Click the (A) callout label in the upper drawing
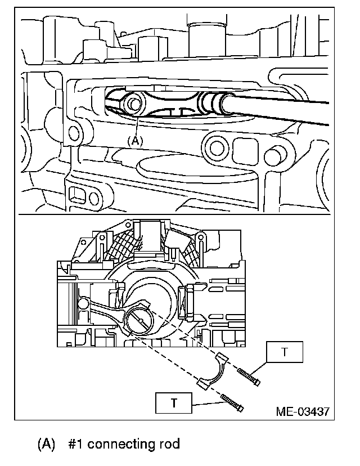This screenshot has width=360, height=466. (x=135, y=141)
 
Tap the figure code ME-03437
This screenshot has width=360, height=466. (x=303, y=411)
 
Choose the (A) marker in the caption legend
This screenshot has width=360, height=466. (x=47, y=444)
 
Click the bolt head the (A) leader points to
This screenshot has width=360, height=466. (x=134, y=104)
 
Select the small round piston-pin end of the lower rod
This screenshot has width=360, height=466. (x=83, y=304)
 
